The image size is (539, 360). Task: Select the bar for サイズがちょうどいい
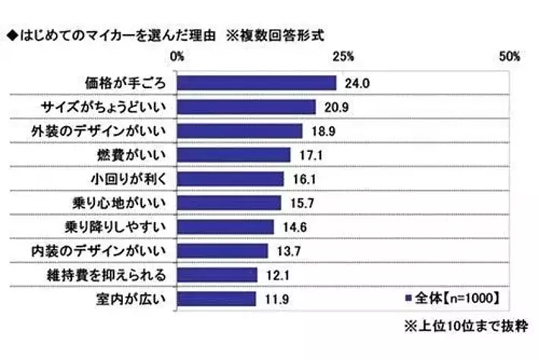247,107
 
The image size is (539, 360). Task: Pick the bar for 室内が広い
216,298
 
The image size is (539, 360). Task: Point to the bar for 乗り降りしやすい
225,226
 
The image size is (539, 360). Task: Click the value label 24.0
357,83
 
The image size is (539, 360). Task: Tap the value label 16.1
304,178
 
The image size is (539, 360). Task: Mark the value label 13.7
289,251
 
